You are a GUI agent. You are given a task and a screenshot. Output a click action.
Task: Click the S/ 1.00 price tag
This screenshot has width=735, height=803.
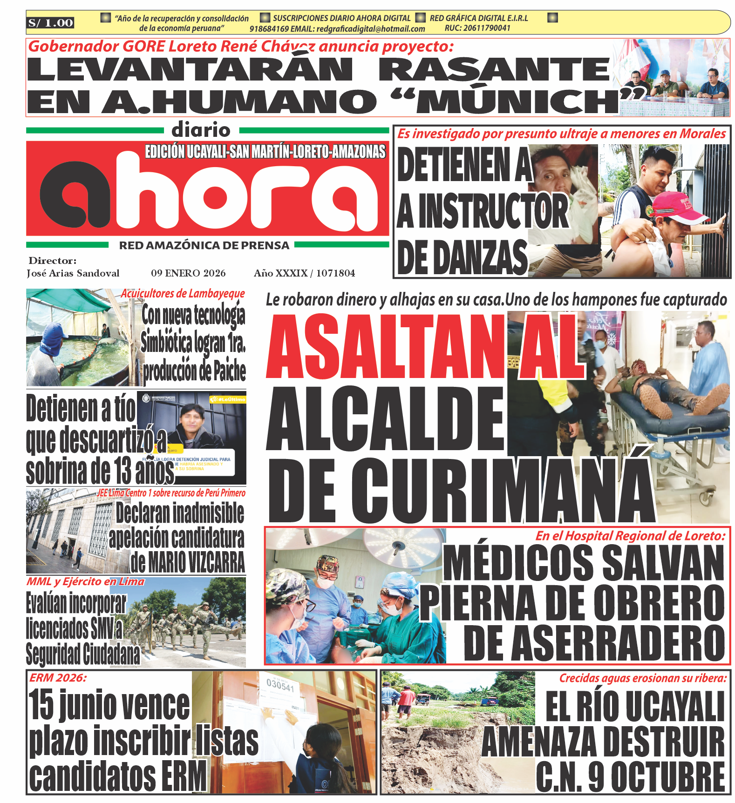pyautogui.click(x=50, y=23)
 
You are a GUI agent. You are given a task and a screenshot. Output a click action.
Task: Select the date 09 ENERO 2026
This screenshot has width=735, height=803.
pyautogui.click(x=188, y=273)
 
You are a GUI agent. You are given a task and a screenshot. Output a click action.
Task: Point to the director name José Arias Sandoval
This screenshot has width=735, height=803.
pyautogui.click(x=73, y=273)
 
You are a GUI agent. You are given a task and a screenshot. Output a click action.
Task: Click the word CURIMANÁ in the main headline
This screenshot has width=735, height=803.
pyautogui.click(x=504, y=491)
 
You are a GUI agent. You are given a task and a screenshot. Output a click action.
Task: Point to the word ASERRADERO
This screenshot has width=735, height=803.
pyautogui.click(x=594, y=643)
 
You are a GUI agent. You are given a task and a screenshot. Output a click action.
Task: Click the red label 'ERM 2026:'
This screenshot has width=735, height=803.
pyautogui.click(x=58, y=678)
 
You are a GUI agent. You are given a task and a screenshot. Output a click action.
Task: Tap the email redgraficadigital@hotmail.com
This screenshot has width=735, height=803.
pyautogui.click(x=371, y=29)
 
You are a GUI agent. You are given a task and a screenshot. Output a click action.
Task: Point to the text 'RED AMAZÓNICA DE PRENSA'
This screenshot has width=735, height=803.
pyautogui.click(x=204, y=245)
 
